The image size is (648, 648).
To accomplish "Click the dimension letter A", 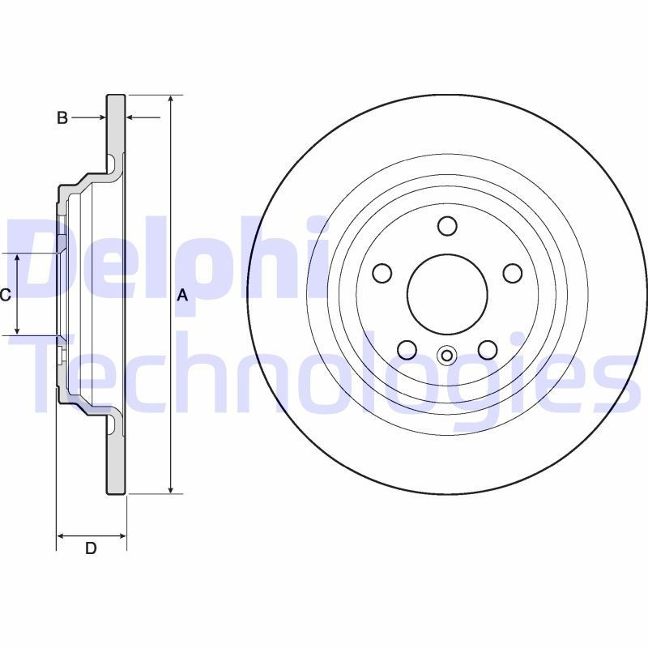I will click(182, 296).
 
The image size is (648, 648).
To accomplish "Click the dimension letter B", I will click(62, 118).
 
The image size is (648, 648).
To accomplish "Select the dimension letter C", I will click(6, 295).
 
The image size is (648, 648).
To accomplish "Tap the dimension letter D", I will click(91, 548).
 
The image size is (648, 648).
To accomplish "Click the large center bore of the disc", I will click(446, 293).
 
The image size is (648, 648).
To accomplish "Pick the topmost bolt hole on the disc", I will click(447, 225).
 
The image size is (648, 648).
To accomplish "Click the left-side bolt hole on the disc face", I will click(382, 273).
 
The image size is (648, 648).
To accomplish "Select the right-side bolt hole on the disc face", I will click(512, 273).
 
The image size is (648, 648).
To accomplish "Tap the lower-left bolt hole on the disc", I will click(407, 349).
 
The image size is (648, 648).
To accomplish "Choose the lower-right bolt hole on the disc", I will click(487, 349).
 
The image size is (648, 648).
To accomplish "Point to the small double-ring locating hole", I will click(446, 354).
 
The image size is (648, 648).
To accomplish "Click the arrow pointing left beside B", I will click(133, 118).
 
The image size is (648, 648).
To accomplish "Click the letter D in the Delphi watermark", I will click(45, 259).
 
